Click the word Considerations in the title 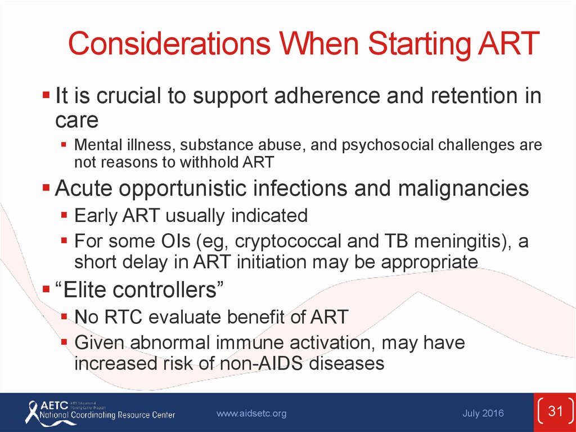click(169, 43)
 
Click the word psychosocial click(388, 145)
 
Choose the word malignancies click(463, 189)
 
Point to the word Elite click(84, 290)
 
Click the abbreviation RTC click(123, 317)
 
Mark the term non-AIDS click(262, 363)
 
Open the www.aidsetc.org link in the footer click(251, 413)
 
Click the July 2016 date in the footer click(483, 413)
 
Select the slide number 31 click(555, 411)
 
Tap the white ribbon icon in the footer click(32, 413)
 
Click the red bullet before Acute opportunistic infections click(46, 188)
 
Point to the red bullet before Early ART click(64, 215)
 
